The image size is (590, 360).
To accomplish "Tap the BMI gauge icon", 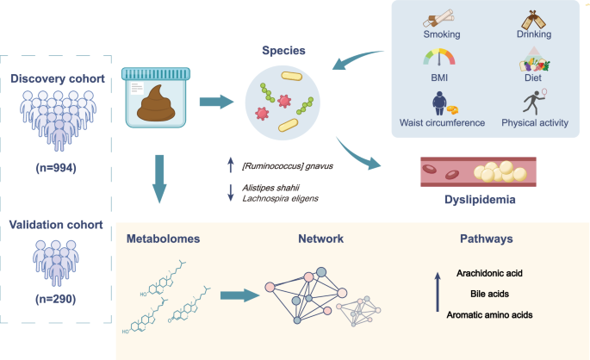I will (x=436, y=61).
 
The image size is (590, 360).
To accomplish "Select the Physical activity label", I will (x=535, y=123).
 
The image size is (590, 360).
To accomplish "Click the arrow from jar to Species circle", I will (x=215, y=102).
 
